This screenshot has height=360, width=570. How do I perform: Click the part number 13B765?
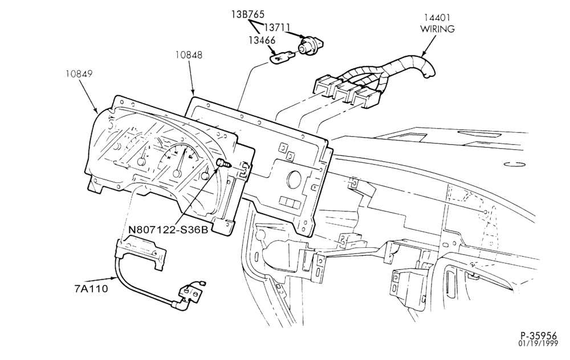click(x=248, y=15)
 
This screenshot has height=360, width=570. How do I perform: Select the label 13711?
click(x=276, y=27)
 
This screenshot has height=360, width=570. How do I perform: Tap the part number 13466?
click(x=262, y=40)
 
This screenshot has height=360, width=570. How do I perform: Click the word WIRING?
click(x=438, y=28)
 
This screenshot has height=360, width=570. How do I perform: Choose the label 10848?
click(x=189, y=56)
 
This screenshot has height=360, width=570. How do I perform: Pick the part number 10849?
click(x=79, y=73)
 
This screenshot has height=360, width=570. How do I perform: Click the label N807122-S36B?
click(x=168, y=230)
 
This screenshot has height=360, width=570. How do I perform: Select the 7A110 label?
click(x=91, y=289)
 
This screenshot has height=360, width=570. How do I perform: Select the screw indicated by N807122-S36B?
click(x=223, y=163)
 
